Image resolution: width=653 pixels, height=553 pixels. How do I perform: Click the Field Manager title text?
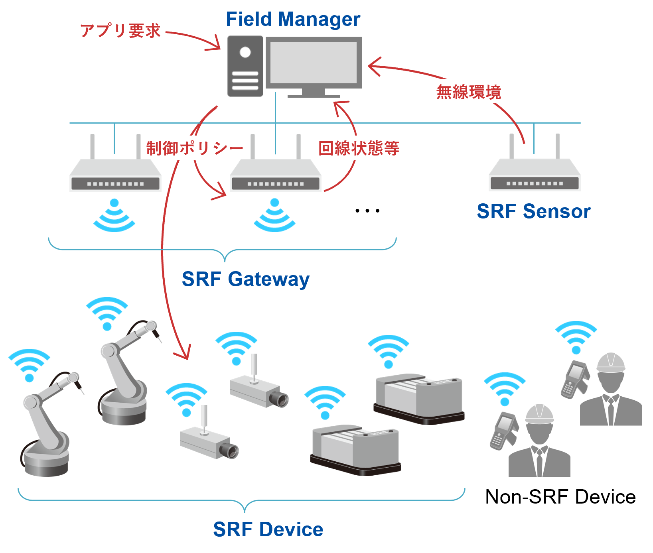293,19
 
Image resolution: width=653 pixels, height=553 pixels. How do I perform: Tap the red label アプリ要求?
120,31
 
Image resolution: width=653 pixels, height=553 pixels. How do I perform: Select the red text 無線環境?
468,92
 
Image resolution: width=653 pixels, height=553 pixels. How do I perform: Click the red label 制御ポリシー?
194,148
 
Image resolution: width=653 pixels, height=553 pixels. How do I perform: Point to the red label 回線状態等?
359,148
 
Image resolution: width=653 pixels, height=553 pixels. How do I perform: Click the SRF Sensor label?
533,211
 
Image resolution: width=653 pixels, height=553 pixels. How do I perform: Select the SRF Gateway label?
245,279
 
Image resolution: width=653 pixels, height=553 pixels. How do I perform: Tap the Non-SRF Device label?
560,497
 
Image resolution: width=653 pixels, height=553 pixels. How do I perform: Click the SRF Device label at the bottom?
268,529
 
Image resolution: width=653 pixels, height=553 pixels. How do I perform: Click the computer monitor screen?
314,62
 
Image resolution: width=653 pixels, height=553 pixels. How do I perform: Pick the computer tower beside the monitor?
245,66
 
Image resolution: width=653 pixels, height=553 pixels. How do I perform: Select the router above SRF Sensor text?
534,175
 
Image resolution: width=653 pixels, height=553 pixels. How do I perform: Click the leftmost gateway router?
115,175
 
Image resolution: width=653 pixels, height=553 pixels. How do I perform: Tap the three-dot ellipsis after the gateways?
367,211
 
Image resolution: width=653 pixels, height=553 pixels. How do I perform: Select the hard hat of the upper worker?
610,362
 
